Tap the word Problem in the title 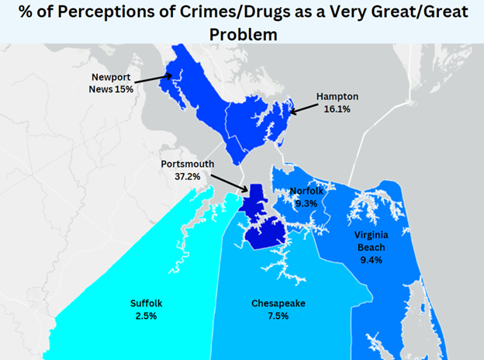[x=244, y=35]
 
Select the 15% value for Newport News [x=123, y=90]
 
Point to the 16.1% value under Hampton [x=337, y=109]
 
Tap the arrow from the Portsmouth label [x=230, y=183]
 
